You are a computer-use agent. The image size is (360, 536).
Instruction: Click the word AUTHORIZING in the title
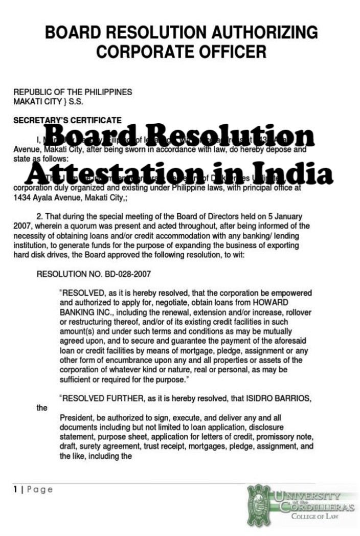[x=258, y=33]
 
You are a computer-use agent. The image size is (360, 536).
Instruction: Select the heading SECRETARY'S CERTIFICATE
[x=67, y=121]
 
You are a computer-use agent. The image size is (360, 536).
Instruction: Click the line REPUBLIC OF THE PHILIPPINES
[x=73, y=92]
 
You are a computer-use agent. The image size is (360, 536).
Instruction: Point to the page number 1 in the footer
[x=15, y=489]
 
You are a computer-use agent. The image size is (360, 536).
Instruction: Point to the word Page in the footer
[x=40, y=489]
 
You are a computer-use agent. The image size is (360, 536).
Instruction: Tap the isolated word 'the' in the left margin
[x=42, y=408]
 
